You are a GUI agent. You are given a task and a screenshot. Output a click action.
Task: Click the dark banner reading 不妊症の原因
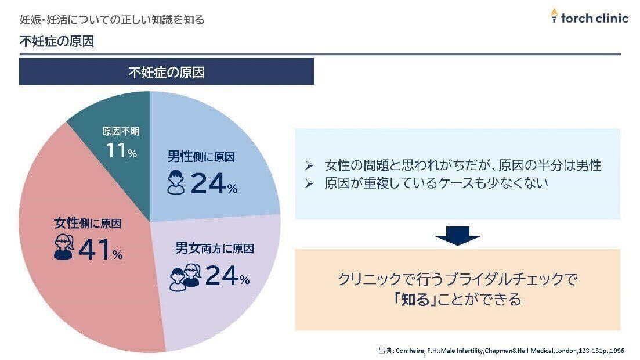point(167,72)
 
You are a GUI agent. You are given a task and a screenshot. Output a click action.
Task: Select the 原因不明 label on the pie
point(121,132)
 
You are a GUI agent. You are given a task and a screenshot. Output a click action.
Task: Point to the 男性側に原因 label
point(201,157)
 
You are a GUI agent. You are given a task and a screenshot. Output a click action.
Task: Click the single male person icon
point(176,182)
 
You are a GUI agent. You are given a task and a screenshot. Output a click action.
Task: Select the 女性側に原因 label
point(88,223)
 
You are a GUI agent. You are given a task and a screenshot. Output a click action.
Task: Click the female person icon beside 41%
point(63,247)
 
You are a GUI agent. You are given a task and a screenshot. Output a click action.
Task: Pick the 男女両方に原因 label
point(215,249)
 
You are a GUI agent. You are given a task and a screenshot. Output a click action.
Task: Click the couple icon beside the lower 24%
point(185,276)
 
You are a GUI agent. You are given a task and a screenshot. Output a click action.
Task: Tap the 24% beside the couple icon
point(227,276)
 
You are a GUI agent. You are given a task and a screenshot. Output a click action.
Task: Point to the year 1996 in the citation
point(617,351)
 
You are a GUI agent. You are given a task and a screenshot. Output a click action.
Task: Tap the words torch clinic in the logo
point(595,18)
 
